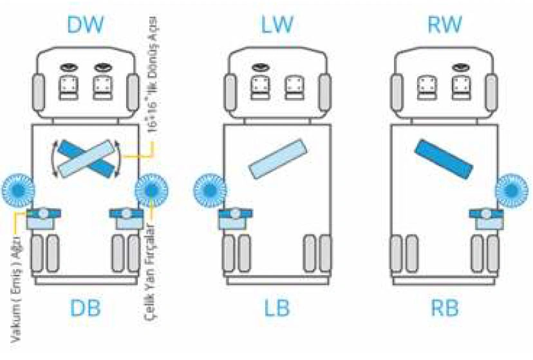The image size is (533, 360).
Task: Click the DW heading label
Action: coord(86,26)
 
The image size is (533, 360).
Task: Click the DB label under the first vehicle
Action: coord(86,308)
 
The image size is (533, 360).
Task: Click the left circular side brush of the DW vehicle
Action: coord(15,189)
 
